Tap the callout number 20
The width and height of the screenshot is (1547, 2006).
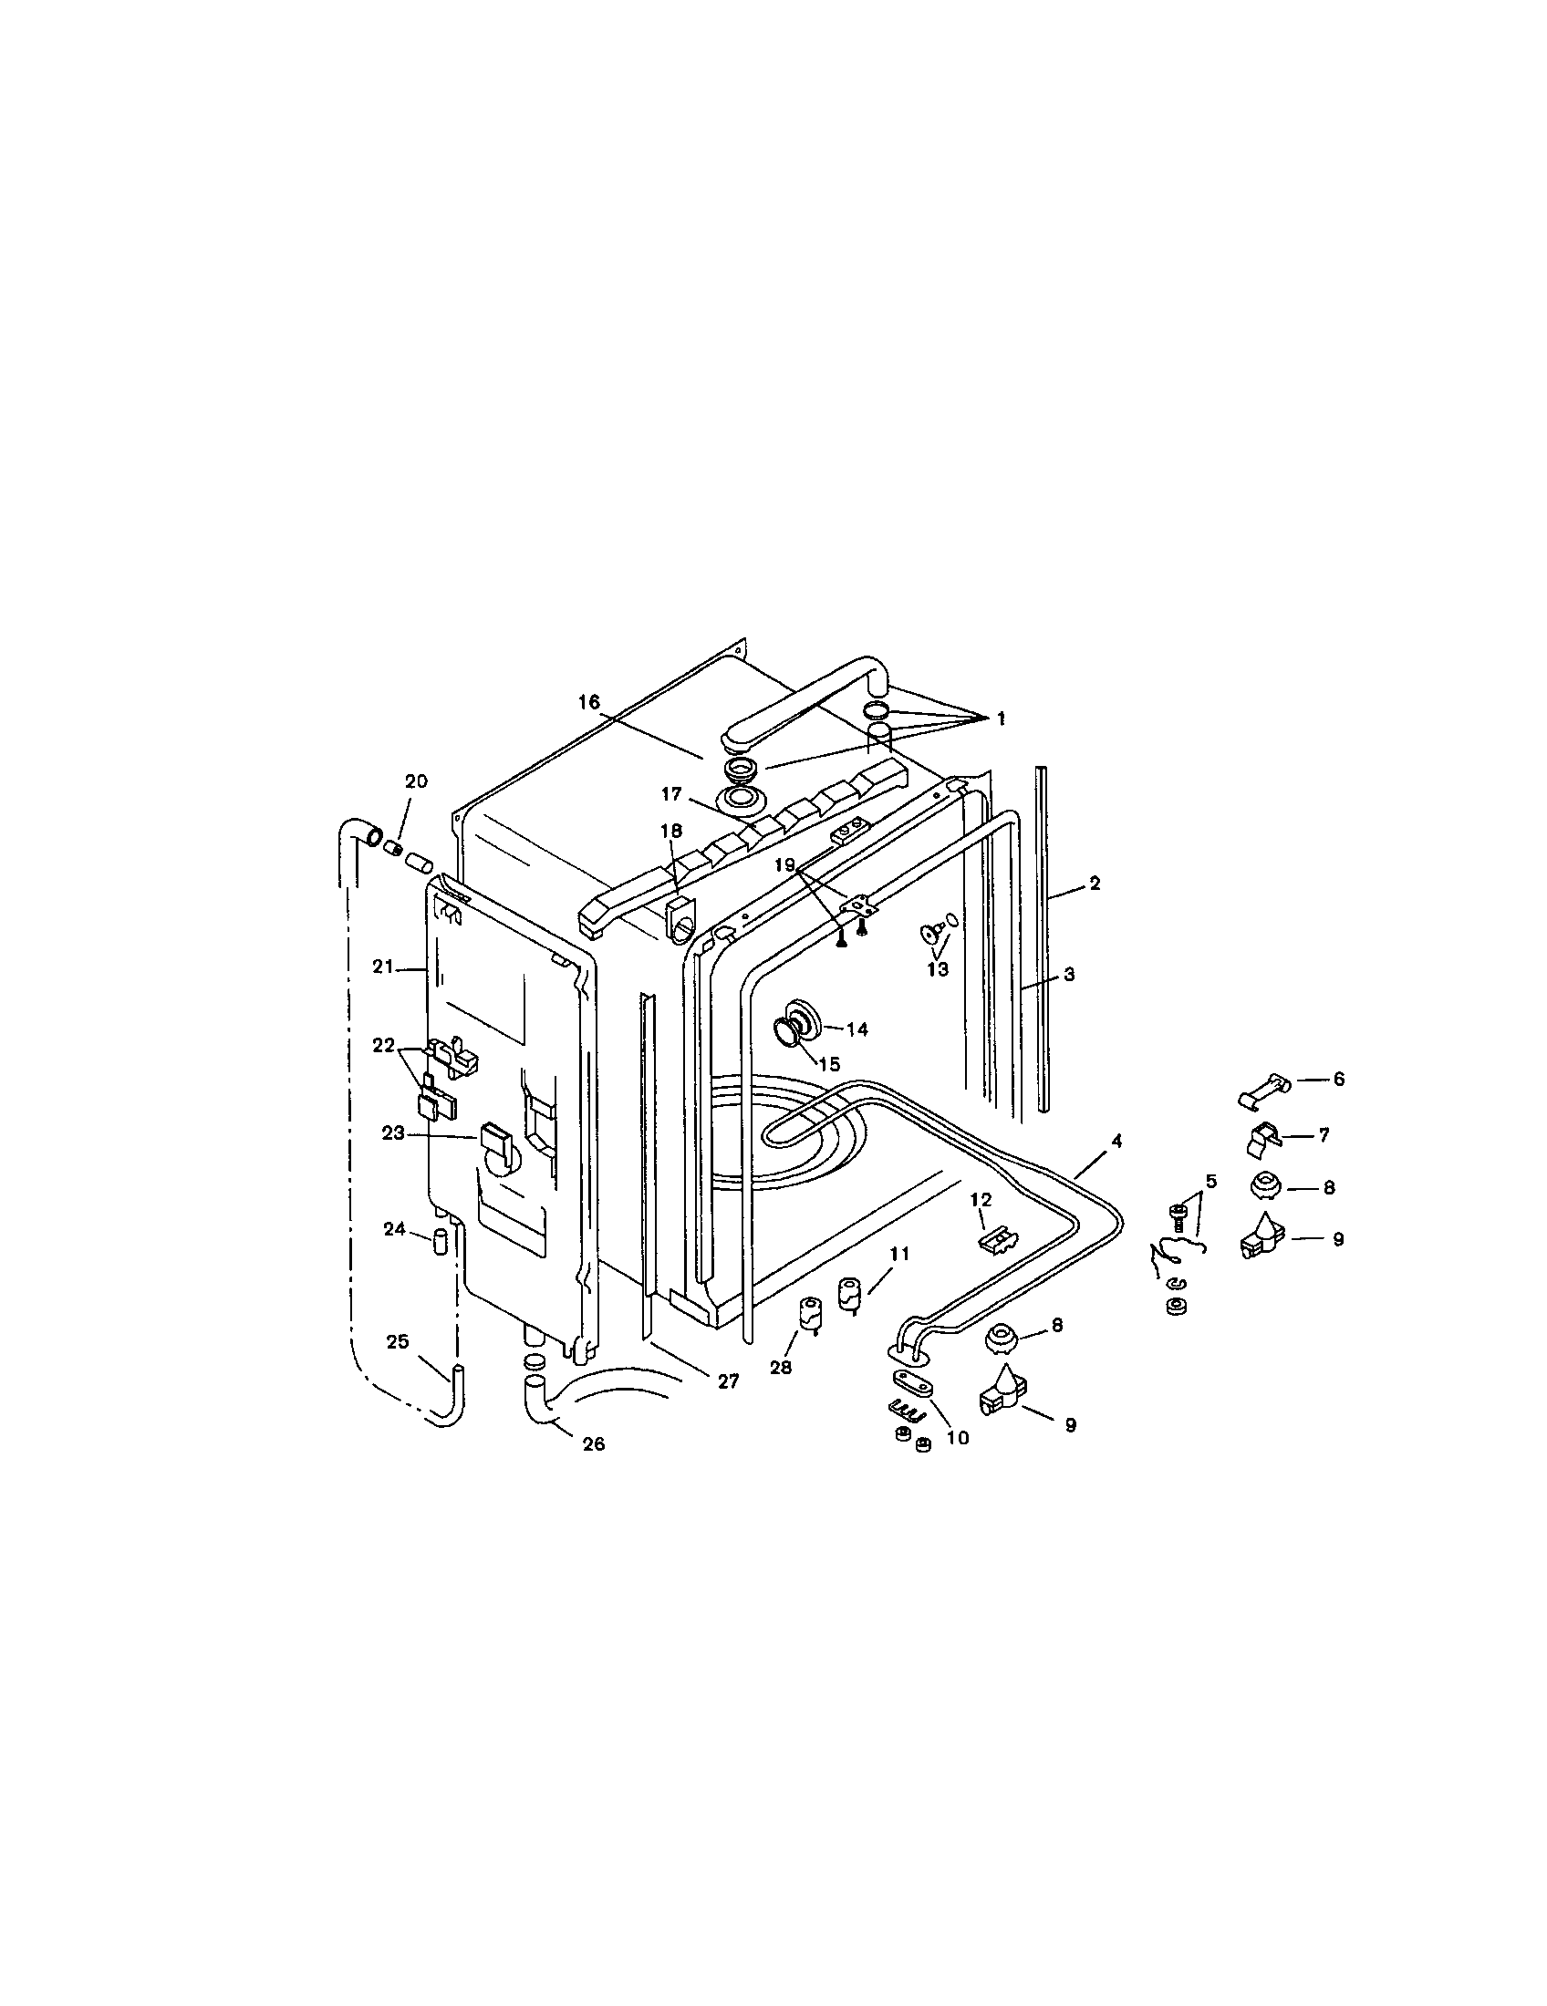click(416, 781)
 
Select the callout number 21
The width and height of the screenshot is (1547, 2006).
click(382, 966)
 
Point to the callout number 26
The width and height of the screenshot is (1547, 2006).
click(594, 1443)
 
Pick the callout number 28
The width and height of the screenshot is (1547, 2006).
click(780, 1368)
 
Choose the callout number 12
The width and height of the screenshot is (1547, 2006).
click(981, 1200)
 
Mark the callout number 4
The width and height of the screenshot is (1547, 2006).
click(1116, 1140)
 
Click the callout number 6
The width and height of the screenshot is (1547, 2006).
click(1338, 1080)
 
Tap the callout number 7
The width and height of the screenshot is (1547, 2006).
click(1324, 1135)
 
